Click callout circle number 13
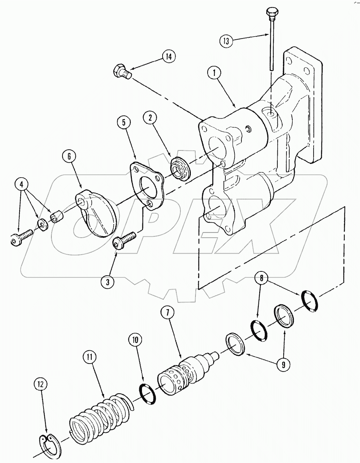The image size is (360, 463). [226, 41]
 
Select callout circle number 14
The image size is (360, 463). [168, 57]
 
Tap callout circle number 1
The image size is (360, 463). [214, 73]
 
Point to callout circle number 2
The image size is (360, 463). [150, 118]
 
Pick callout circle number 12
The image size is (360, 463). [40, 384]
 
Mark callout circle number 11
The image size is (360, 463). [89, 357]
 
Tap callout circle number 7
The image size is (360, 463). [167, 313]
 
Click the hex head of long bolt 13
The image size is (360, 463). [271, 14]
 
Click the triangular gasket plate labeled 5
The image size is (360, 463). [146, 187]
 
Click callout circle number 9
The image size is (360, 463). [283, 365]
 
